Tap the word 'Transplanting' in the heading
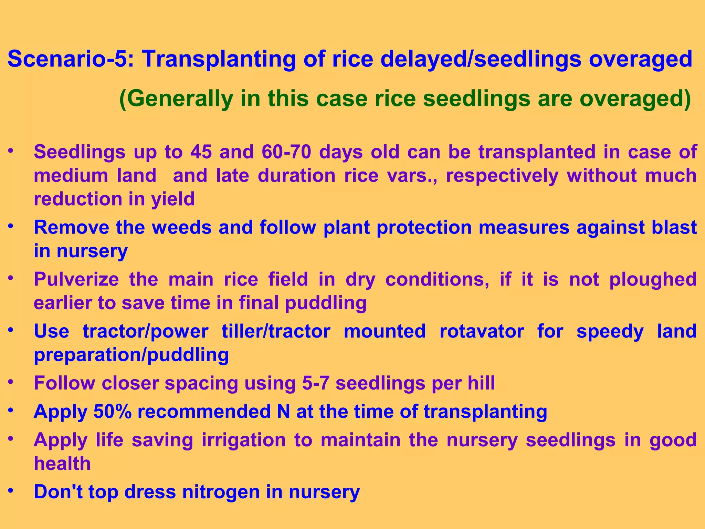pyautogui.click(x=219, y=59)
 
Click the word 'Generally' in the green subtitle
pyautogui.click(x=176, y=99)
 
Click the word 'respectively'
pyautogui.click(x=502, y=176)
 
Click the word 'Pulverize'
pyautogui.click(x=76, y=279)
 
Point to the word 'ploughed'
pyautogui.click(x=653, y=279)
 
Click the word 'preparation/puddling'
pyautogui.click(x=131, y=355)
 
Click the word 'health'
pyautogui.click(x=62, y=464)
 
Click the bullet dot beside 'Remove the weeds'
pyautogui.click(x=11, y=226)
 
